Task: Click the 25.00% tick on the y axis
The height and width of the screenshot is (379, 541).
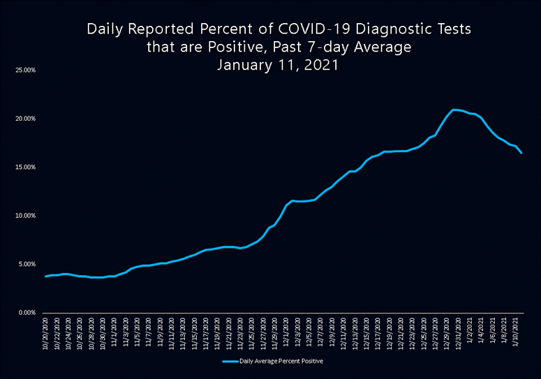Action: tap(25, 70)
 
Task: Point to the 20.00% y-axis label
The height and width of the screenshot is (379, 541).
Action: tap(25, 119)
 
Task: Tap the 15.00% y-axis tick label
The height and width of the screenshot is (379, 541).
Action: tap(25, 168)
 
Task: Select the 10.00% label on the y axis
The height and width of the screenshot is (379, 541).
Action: tap(25, 216)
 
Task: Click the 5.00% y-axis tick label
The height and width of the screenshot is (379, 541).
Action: tap(27, 265)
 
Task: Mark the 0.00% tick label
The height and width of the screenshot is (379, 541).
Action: tap(27, 313)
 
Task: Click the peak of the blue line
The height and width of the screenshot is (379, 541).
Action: tap(455, 110)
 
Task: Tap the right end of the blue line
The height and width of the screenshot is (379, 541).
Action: tap(521, 153)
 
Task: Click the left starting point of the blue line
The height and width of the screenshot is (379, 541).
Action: tap(45, 276)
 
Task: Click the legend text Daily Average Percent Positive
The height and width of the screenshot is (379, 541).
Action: tap(281, 362)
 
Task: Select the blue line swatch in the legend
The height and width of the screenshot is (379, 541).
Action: tap(230, 362)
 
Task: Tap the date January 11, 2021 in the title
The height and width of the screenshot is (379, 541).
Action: tap(278, 65)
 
